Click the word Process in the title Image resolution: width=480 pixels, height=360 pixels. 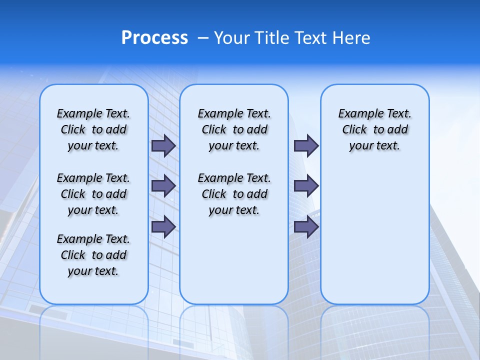154,38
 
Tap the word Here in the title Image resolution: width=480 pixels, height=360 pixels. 351,38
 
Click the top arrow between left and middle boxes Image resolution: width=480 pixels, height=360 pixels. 163,146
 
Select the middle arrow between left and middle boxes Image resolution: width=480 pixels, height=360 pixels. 163,186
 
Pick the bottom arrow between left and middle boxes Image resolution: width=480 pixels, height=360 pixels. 163,226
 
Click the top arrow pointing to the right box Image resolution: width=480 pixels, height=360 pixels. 306,146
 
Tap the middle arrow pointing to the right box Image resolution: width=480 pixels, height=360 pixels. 306,186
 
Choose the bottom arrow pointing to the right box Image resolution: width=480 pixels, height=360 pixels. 306,226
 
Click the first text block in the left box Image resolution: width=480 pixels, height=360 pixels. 93,129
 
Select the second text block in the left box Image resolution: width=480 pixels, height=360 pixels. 93,194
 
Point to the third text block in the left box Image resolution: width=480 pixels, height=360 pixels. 93,255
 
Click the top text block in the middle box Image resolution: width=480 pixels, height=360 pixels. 234,129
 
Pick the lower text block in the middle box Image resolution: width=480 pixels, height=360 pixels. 234,194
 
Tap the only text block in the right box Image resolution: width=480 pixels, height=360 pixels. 374,129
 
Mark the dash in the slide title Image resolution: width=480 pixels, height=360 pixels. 202,38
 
